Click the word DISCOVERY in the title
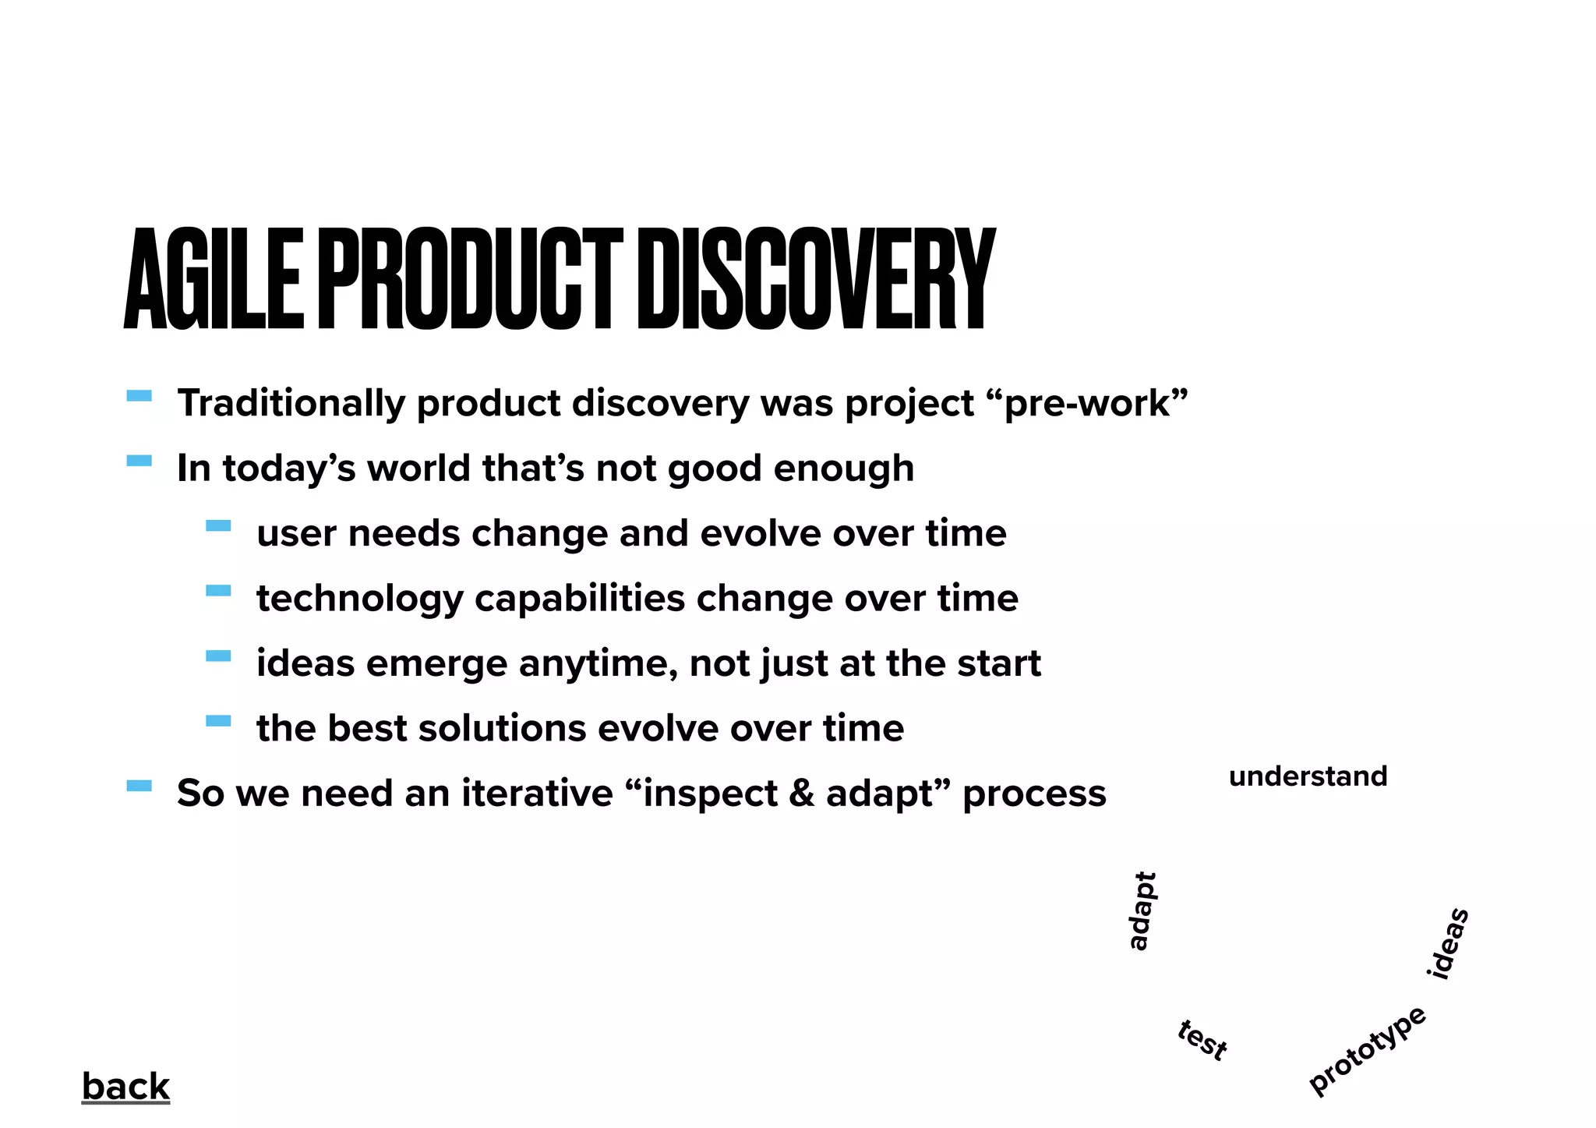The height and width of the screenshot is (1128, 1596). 815,279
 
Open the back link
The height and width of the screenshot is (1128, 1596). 125,1086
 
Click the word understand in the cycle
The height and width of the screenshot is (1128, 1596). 1308,776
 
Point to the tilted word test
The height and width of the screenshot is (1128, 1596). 1202,1040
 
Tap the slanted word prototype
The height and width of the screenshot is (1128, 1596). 1368,1050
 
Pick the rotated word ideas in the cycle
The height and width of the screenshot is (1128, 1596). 1448,943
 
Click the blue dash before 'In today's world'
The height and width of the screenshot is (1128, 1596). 139,461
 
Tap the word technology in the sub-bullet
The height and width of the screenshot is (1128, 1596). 360,599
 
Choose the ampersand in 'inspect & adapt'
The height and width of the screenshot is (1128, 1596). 801,794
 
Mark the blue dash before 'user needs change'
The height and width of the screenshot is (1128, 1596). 218,526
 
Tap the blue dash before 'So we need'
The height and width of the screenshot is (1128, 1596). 139,786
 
